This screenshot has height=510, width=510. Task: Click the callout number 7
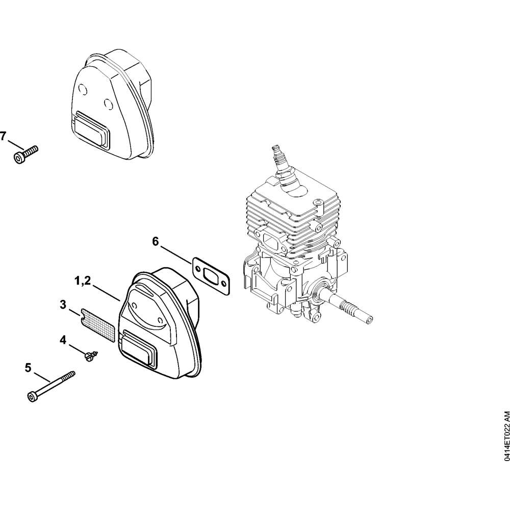(3, 136)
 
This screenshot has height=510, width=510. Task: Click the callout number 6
(156, 242)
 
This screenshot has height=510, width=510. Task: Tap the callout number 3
(63, 305)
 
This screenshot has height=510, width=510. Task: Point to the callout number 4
(63, 340)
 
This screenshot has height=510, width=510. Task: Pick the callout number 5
(28, 368)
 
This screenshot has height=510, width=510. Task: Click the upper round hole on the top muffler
(83, 89)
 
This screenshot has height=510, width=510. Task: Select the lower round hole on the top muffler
(108, 104)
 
